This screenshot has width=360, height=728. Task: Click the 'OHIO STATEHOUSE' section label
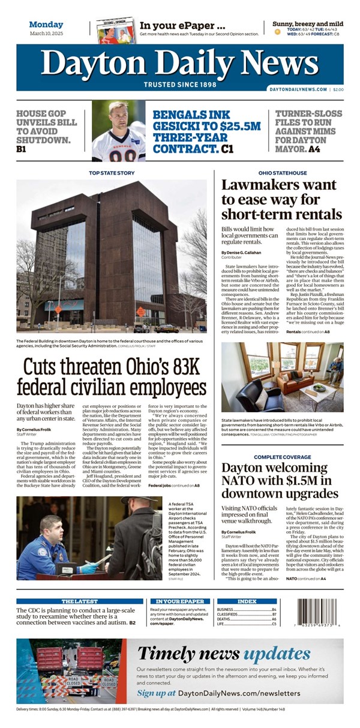coord(282,173)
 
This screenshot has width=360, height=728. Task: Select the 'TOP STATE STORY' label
coord(112,173)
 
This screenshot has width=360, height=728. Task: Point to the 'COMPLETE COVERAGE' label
coord(282,457)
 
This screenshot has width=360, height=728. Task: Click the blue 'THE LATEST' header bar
coord(79,601)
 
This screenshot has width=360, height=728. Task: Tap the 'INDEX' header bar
coord(247,601)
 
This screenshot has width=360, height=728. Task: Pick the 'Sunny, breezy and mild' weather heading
coord(308,24)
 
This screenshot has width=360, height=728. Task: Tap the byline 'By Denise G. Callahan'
coord(244,252)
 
